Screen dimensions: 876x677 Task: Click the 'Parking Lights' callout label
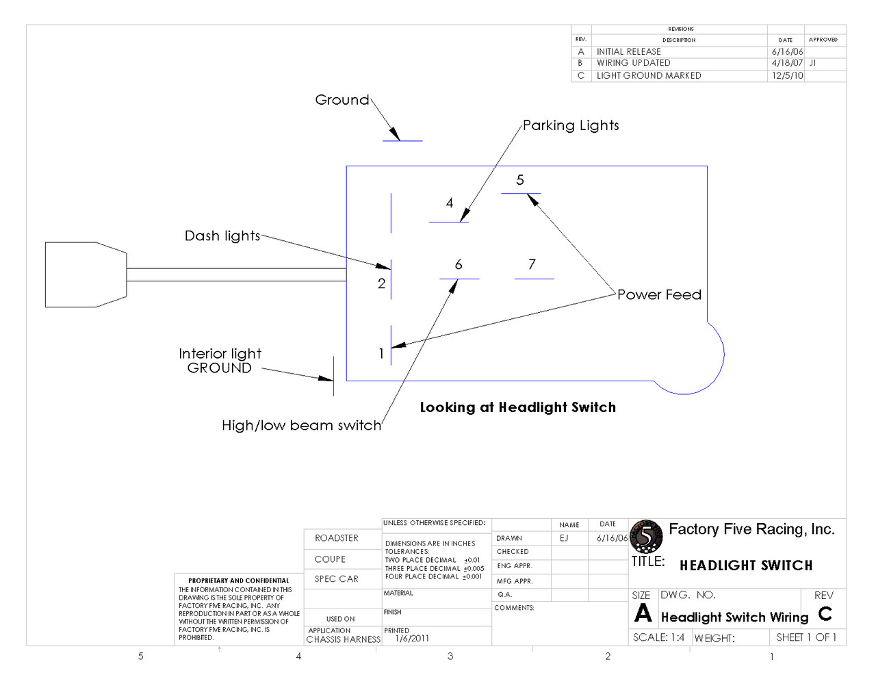coord(571,125)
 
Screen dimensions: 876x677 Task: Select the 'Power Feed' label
coord(659,294)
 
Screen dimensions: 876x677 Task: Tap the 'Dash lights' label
coord(222,235)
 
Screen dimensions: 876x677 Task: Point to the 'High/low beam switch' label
coord(302,425)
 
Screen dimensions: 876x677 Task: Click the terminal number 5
coord(520,179)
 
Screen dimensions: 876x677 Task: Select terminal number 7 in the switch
coord(532,264)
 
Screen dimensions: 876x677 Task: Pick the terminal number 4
coord(450,203)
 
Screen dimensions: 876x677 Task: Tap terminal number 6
coord(459,264)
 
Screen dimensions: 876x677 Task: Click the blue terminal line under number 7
coord(534,279)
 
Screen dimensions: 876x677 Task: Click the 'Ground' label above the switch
coord(342,99)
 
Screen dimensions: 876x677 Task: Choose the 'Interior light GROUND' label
coord(220,361)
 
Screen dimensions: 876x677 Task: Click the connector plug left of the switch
coord(86,274)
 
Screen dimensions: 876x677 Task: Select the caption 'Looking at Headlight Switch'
coord(518,407)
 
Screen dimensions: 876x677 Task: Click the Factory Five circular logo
coord(646,536)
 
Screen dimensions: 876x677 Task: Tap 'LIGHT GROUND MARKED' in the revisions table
coord(649,75)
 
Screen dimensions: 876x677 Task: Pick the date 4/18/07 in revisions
coord(787,63)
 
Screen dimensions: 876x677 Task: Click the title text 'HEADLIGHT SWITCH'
coord(746,565)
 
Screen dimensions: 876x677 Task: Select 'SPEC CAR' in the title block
coord(336,578)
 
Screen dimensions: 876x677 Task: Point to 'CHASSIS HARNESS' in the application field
coord(343,639)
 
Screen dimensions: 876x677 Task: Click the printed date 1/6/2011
coord(412,638)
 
